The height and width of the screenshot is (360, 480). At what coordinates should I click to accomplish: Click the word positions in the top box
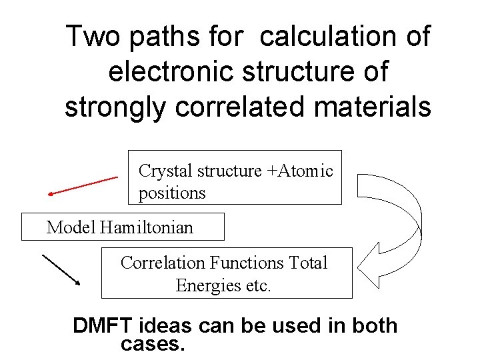point(172,193)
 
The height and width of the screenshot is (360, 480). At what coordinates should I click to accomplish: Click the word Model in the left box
point(71,227)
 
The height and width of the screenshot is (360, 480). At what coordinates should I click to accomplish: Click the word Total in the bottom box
point(309,263)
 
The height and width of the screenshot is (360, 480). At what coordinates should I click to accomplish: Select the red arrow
point(83,186)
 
